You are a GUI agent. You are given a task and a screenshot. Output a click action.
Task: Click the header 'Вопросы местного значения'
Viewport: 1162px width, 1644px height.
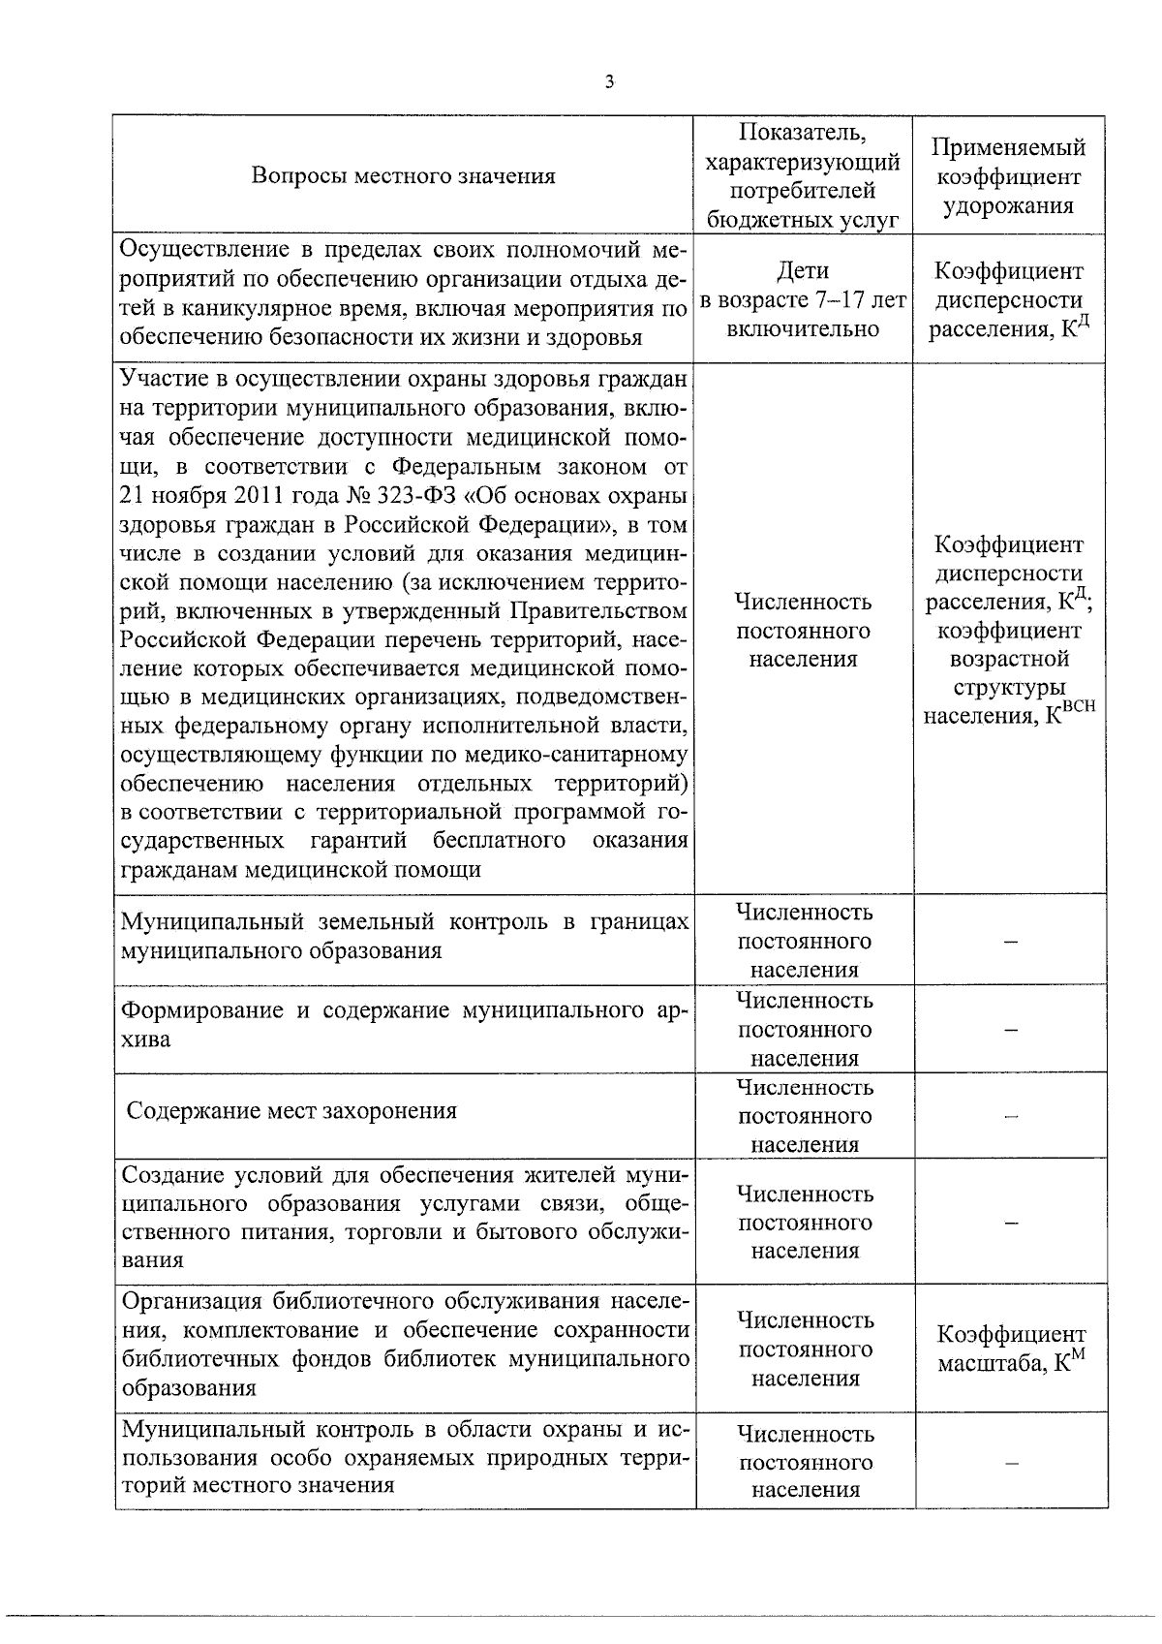[x=403, y=175]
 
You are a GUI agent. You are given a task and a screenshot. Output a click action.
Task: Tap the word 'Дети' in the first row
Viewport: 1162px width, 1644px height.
[x=803, y=270]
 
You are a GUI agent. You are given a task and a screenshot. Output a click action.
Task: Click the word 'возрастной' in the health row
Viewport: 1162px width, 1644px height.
[x=1008, y=659]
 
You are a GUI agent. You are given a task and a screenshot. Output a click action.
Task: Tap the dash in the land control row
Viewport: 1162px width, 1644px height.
[x=1010, y=942]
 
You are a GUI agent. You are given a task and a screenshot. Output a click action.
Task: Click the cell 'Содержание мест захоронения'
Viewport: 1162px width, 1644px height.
[x=291, y=1110]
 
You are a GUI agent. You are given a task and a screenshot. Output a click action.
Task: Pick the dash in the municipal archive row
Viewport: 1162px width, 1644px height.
[x=1010, y=1031]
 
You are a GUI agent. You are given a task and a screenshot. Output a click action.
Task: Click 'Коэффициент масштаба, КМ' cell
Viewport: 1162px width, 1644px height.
[x=1011, y=1349]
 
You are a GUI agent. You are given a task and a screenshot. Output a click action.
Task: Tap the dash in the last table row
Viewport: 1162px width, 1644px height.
[x=1010, y=1464]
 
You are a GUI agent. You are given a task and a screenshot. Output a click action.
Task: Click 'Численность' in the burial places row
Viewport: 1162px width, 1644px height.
[x=805, y=1087]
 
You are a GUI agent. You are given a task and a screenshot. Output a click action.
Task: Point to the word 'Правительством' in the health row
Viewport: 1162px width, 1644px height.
[x=613, y=611]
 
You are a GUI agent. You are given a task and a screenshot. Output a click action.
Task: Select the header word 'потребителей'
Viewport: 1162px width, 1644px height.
[x=803, y=191]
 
